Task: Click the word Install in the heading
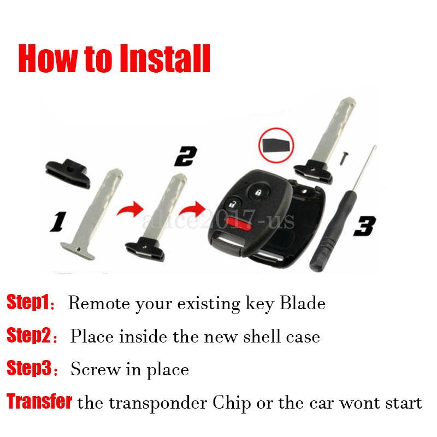(165, 58)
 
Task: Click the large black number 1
(58, 222)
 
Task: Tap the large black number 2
(186, 156)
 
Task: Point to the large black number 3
(364, 226)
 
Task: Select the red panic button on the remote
(239, 223)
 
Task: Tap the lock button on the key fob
(259, 192)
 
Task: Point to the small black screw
(345, 158)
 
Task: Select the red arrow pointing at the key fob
(192, 210)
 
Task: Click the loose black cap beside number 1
(68, 173)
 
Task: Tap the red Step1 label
(28, 302)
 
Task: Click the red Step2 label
(29, 335)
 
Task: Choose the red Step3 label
(29, 368)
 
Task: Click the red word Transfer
(39, 401)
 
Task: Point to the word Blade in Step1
(303, 303)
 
